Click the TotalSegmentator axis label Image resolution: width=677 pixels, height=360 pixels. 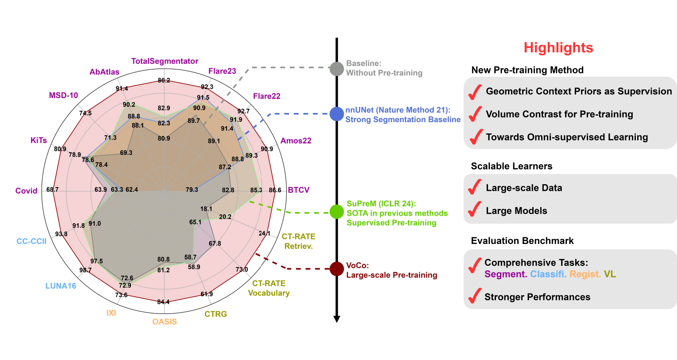165,61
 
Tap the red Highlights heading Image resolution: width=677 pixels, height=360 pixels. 558,47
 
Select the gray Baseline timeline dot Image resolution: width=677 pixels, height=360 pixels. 337,69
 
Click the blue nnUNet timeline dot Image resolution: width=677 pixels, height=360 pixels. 337,114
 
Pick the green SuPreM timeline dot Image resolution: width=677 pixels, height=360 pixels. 337,212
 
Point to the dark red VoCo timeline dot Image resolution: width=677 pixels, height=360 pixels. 337,269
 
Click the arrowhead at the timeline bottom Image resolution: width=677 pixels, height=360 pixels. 337,319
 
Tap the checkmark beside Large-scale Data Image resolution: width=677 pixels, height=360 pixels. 475,187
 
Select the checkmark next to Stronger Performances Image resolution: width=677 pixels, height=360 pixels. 475,296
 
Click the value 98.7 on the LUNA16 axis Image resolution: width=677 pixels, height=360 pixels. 85,270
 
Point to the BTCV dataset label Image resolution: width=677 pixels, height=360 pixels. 299,190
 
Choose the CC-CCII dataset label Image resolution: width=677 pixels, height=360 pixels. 31,241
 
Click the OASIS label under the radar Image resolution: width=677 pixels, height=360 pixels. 165,321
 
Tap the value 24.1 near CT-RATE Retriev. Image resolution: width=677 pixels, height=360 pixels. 265,233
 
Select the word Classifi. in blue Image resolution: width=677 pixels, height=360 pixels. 548,274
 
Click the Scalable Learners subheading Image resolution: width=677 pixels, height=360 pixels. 512,166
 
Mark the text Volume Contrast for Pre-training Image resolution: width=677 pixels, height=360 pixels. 559,114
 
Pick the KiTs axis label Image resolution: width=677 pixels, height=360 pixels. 38,140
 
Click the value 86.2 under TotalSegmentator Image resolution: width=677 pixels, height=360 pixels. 164,80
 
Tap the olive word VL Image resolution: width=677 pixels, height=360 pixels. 610,274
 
